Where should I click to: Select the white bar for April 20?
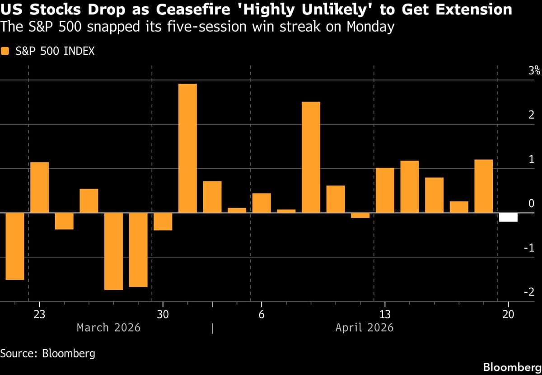[x=508, y=217]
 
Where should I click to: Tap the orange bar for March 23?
[x=39, y=187]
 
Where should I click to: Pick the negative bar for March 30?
[x=163, y=221]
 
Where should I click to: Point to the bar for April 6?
[x=262, y=203]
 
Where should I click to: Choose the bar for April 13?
[x=385, y=190]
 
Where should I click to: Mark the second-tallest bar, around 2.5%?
[x=311, y=157]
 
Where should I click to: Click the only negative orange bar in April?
[x=360, y=215]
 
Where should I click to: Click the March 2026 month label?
[x=108, y=327]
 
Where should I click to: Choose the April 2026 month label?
[x=364, y=327]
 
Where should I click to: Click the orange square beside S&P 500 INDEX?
[x=5, y=51]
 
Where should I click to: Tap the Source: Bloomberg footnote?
[x=47, y=353]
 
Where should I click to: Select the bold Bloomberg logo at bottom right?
[x=510, y=366]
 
